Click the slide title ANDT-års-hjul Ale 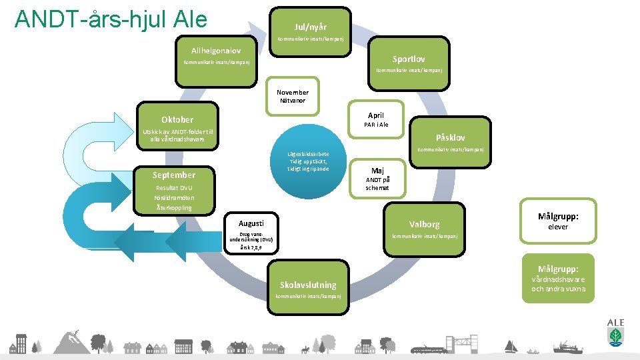111,19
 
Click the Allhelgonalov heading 216,51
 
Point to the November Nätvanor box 293,97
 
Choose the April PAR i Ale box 375,119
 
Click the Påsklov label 450,137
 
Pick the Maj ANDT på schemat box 377,178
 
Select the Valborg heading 424,225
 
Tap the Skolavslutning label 308,285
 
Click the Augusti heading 251,223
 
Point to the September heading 174,175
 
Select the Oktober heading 177,119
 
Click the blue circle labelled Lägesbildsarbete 307,162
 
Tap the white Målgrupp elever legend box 557,221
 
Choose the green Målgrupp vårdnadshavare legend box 557,278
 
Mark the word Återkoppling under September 174,207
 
